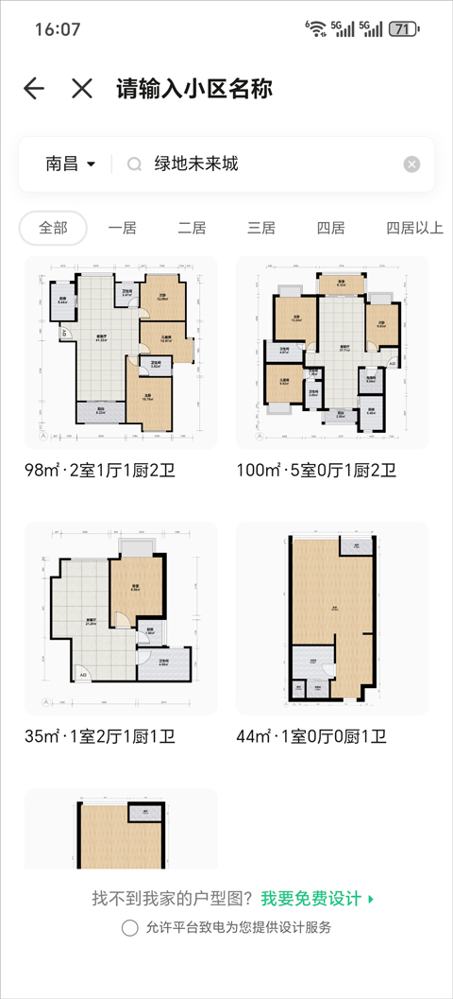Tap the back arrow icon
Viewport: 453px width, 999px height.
pos(34,89)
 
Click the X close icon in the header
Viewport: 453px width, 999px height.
pos(82,89)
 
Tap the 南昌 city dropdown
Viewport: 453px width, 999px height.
pos(71,164)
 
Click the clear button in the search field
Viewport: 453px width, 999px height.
pos(411,164)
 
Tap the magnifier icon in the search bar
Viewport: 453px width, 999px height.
pos(134,164)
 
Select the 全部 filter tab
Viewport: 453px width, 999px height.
pos(53,228)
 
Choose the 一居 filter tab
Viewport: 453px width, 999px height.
pos(123,228)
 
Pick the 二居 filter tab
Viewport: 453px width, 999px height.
pos(192,228)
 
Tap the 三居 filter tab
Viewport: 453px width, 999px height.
pos(261,228)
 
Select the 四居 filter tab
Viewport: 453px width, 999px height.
pos(330,228)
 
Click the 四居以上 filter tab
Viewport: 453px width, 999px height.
pos(414,228)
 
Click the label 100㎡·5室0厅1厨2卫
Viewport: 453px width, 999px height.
pos(316,471)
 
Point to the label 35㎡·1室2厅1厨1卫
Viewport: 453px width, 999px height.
pos(100,736)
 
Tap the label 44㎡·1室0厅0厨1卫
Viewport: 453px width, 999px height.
pos(311,736)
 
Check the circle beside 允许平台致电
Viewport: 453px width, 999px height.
pos(130,927)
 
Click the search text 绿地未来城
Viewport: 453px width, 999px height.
pos(197,164)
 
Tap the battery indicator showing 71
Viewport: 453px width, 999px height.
pos(403,29)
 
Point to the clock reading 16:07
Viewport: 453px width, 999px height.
pos(58,29)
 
